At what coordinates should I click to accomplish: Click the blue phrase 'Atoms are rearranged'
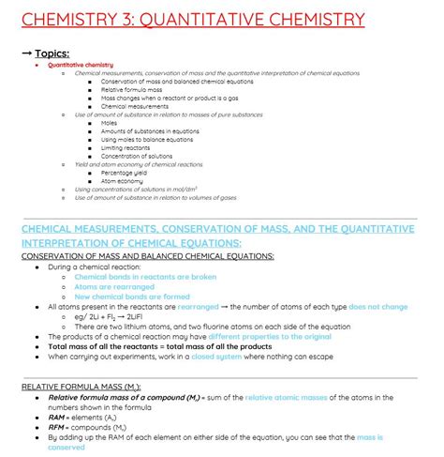click(x=118, y=286)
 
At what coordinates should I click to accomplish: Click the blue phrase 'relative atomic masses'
click(x=287, y=398)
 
